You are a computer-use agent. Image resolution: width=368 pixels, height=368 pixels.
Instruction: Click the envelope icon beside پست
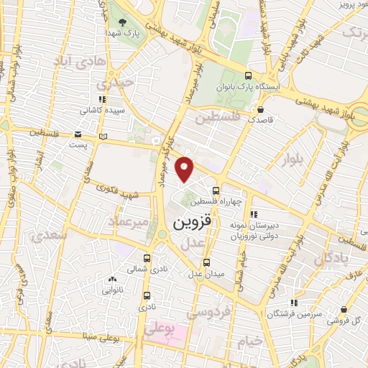(x=78, y=134)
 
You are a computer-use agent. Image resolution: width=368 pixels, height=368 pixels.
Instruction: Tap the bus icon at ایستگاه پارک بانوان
(x=249, y=76)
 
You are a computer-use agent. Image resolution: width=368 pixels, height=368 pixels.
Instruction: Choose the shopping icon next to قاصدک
(x=260, y=109)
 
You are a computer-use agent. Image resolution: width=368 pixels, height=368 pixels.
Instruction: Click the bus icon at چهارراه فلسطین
(x=216, y=190)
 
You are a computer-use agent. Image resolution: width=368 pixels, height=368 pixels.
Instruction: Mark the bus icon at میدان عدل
(x=207, y=262)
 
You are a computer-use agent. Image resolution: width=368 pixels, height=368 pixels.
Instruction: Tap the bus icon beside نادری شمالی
(x=147, y=259)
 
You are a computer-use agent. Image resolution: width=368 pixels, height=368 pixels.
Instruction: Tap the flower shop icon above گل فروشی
(x=346, y=309)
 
